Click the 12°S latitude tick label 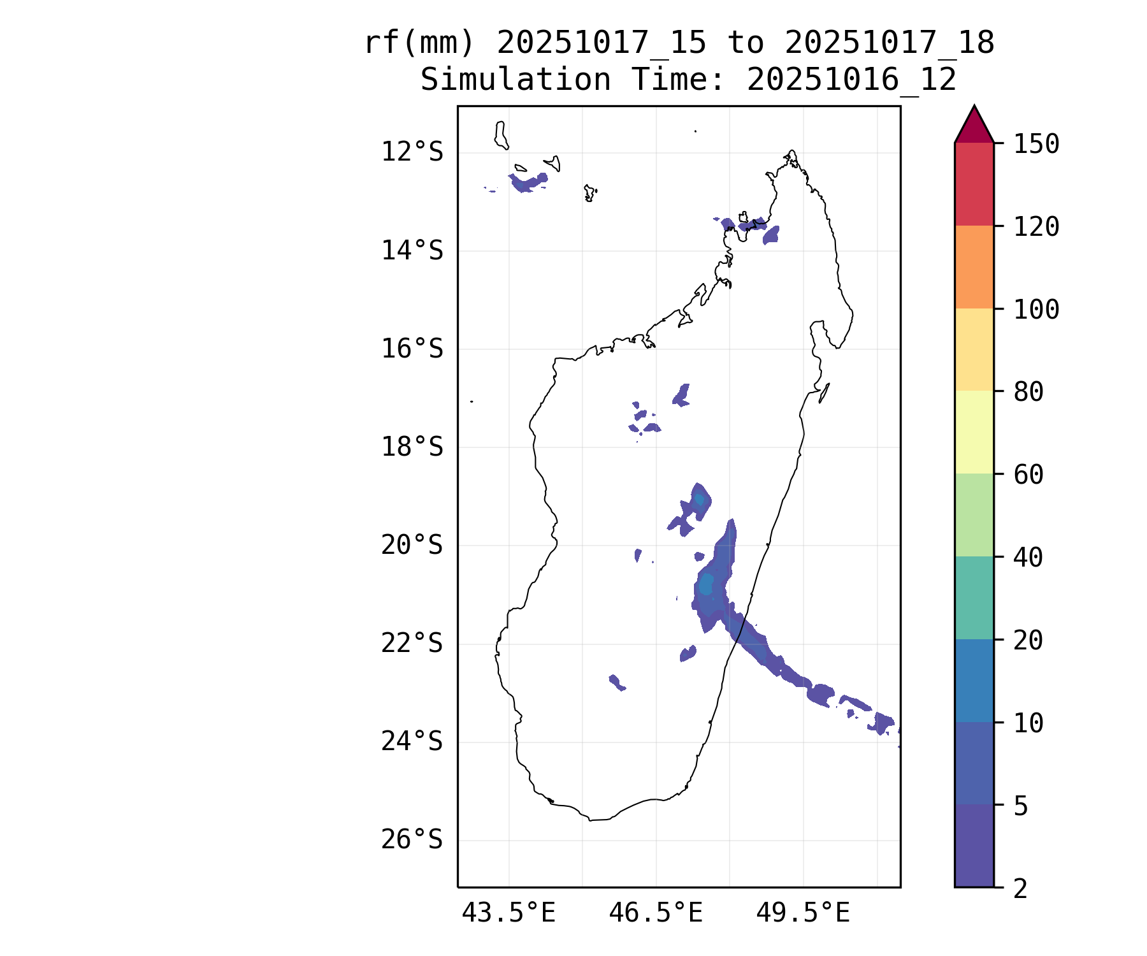412,152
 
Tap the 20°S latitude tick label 412,546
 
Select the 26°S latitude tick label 412,840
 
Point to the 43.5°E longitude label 509,913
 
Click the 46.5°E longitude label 656,913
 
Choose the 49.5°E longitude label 803,913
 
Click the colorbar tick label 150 1036,144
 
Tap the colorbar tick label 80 1028,392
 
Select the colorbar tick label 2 1021,888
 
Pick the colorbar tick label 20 1028,641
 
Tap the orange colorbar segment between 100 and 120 974,267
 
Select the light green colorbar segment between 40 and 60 974,515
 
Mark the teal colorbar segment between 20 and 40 974,598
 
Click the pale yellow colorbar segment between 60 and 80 974,432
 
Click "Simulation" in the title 516,80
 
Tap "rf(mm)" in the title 419,43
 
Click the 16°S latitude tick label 412,349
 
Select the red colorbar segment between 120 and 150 974,184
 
